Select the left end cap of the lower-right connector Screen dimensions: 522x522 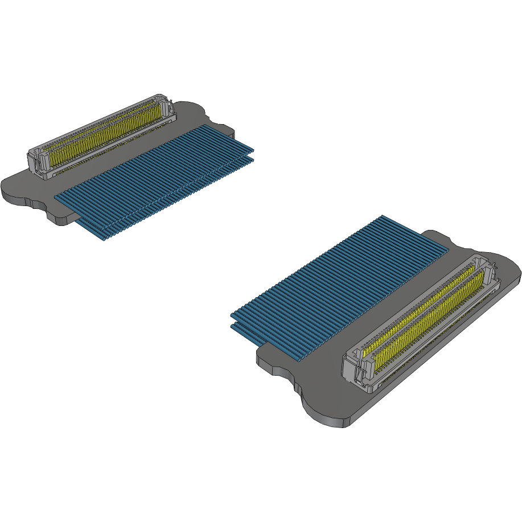click(356, 373)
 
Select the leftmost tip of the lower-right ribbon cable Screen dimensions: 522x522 click(232, 315)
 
